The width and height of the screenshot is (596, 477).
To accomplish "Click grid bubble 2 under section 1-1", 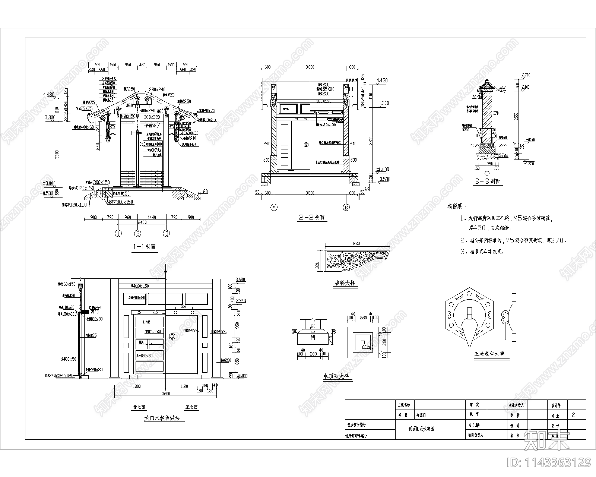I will [x=138, y=234].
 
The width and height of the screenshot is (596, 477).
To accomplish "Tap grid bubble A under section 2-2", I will [x=274, y=207].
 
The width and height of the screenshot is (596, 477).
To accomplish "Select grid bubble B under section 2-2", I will [x=346, y=207].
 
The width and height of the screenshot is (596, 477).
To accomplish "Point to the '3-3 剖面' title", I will [x=487, y=181].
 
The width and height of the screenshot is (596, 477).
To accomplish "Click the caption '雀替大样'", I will [x=345, y=283].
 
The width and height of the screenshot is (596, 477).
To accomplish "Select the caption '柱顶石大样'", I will [x=337, y=377].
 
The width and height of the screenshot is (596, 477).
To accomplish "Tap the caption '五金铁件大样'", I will [x=489, y=354].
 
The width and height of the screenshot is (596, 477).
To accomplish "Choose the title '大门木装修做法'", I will [x=162, y=418].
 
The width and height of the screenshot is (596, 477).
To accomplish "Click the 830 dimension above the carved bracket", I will [x=356, y=244].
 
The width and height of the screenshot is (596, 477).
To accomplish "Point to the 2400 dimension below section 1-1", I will [x=142, y=222].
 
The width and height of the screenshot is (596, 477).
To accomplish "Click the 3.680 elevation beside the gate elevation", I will [x=241, y=279].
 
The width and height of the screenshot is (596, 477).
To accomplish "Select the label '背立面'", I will [x=139, y=407].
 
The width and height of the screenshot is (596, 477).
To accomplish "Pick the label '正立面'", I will [x=191, y=407].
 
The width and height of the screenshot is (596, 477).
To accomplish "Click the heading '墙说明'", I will [x=456, y=206].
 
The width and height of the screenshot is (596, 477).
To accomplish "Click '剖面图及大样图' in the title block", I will [x=421, y=429].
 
